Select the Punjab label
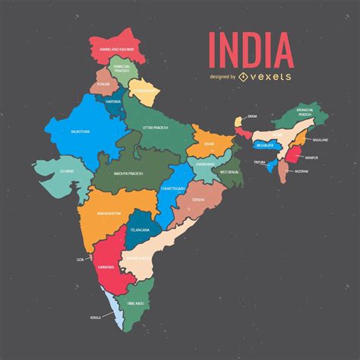[x=104, y=86]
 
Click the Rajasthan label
[x=80, y=131]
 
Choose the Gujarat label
[x=68, y=171]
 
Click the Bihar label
[x=210, y=142]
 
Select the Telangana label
[x=140, y=229]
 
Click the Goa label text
[x=81, y=259]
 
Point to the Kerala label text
[x=96, y=317]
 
